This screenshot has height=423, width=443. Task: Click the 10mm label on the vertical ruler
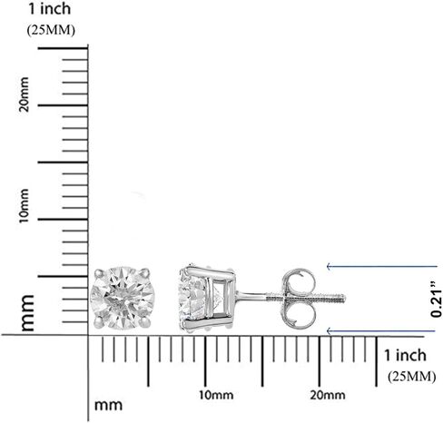(24, 206)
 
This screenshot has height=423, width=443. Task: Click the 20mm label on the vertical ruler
(24, 94)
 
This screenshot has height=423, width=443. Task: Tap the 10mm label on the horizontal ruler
(216, 395)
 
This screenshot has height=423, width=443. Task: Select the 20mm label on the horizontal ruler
(328, 395)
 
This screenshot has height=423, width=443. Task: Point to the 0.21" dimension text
(436, 300)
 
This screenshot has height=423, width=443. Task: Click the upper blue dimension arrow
(382, 266)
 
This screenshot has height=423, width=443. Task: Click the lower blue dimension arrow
(381, 331)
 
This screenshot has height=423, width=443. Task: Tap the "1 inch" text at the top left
(50, 8)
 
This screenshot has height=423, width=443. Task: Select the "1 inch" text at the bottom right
(405, 355)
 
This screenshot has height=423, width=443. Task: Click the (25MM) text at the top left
(51, 30)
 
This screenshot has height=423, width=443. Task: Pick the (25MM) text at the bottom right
(412, 377)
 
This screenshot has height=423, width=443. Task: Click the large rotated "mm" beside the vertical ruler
(27, 313)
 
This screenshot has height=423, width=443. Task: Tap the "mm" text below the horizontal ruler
(108, 406)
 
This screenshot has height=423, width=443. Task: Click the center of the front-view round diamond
(123, 298)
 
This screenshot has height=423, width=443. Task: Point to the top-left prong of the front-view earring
(99, 273)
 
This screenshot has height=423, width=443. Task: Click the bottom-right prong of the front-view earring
(146, 322)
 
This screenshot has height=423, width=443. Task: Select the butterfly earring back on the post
(299, 299)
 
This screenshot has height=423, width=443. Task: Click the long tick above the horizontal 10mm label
(205, 361)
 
